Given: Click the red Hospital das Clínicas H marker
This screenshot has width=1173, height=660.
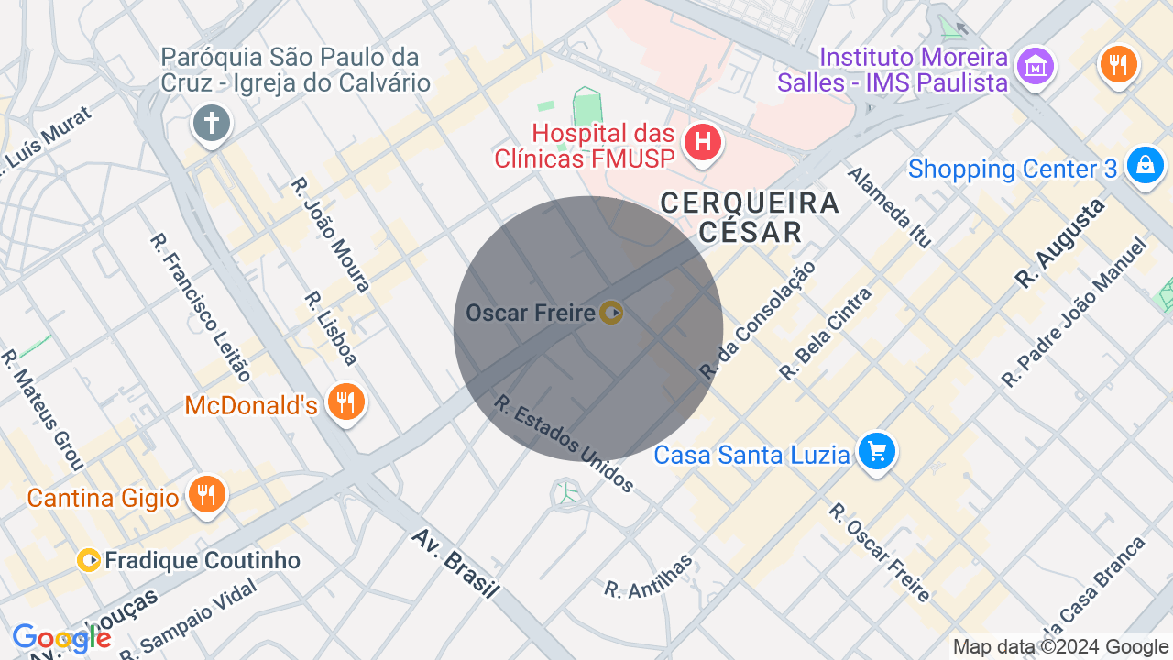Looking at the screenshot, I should coord(703,143).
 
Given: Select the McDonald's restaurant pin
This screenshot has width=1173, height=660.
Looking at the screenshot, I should coord(346,402).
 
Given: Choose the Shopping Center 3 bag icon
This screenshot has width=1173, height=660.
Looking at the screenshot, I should coord(1145,166).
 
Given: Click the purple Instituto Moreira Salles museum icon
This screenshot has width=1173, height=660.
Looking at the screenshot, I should coord(1036,66).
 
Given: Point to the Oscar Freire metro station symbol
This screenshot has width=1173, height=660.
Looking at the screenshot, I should coord(611,313).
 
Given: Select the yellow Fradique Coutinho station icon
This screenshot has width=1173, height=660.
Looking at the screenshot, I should coord(89,560).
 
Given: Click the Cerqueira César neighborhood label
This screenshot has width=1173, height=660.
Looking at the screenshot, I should coord(750,216).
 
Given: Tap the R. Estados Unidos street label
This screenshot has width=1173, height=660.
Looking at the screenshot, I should coord(564,443).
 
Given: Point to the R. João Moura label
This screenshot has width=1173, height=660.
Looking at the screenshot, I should coord(331,235).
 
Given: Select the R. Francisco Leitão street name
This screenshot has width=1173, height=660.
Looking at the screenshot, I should coord(200,307).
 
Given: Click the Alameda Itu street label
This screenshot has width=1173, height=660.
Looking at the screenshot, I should coord(889,207).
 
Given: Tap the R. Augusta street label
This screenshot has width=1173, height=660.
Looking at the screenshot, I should coord(1060,243).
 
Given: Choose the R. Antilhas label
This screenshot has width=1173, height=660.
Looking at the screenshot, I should coord(649,577).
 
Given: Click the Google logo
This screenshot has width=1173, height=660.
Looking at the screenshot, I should coord(60,638).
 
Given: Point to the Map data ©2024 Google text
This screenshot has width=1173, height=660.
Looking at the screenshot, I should coord(1060,646).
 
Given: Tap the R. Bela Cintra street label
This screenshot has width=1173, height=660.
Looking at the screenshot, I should coord(826,334).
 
